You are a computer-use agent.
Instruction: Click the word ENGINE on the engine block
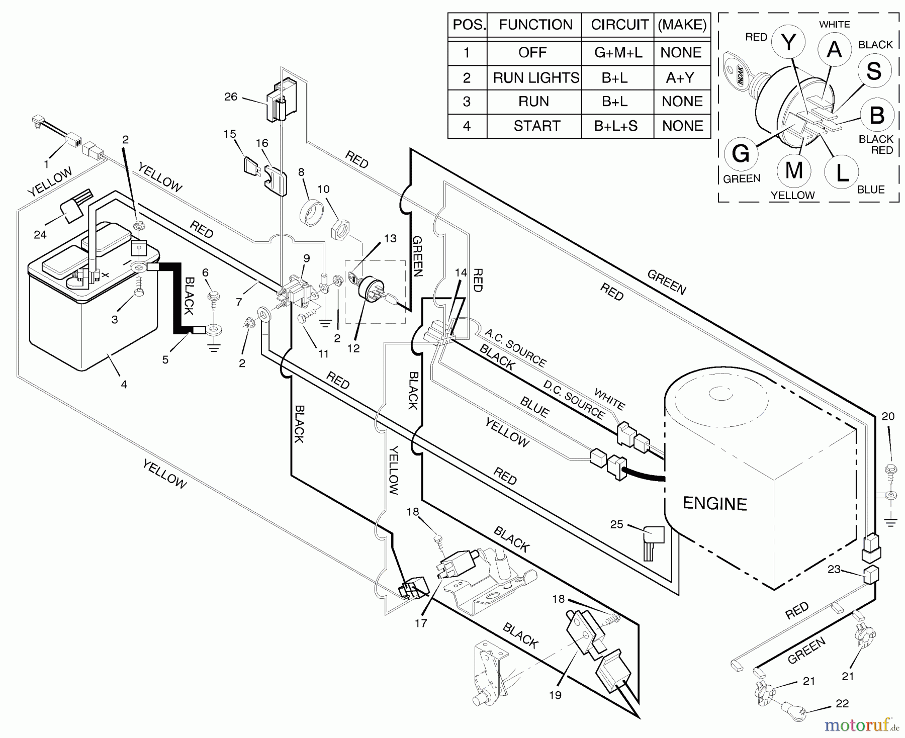tap(714, 503)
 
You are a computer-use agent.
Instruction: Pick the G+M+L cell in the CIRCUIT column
tap(618, 53)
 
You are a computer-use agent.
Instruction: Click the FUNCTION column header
tap(535, 25)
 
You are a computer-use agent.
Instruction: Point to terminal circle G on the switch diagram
tap(741, 153)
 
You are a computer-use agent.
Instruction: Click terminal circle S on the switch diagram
tap(874, 71)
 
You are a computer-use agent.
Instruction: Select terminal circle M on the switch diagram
tap(793, 170)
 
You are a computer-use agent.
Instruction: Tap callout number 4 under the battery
tap(124, 385)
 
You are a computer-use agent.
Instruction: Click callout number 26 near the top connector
tap(231, 97)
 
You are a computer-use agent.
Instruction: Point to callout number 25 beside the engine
tap(616, 524)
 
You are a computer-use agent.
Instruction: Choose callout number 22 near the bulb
tap(842, 704)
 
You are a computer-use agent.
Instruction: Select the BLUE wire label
tap(534, 408)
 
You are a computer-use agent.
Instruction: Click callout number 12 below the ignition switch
tap(353, 348)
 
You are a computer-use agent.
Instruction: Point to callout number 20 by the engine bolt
tap(888, 416)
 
